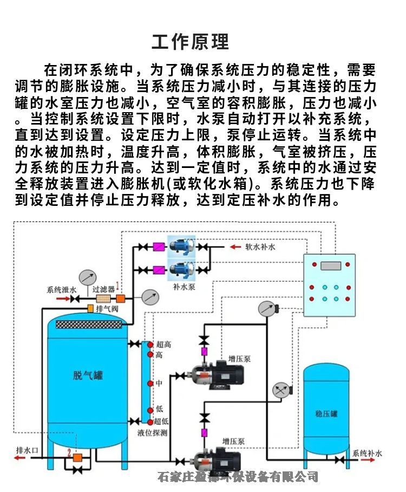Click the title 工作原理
191,42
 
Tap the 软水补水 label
260,247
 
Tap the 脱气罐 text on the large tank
88,375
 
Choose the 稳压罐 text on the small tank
326,413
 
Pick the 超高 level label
163,345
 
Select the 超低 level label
161,422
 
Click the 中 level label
159,383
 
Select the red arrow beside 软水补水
235,247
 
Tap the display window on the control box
329,266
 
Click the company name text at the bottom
237,477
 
